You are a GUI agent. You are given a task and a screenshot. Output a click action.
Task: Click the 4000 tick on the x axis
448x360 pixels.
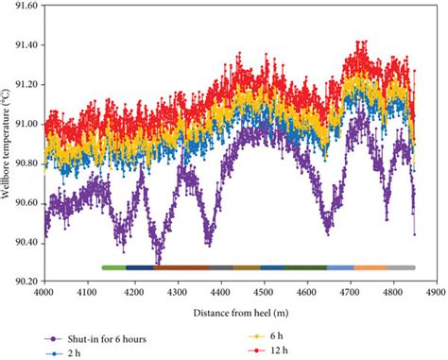click(x=43, y=293)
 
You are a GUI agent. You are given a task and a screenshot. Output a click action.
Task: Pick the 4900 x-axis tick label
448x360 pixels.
click(x=434, y=293)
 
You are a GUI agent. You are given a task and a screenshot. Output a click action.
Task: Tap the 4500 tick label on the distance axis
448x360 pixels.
click(x=261, y=293)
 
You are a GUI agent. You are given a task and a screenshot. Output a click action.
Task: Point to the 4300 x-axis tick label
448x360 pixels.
click(x=174, y=293)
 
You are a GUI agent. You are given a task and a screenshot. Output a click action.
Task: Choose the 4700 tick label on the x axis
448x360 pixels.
click(x=347, y=293)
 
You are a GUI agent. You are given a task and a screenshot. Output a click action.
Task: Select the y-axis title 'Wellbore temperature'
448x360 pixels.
click(x=8, y=142)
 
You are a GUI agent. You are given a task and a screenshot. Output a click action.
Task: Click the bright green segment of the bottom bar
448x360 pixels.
click(x=113, y=268)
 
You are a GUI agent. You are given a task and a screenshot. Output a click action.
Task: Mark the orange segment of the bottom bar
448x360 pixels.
click(x=370, y=268)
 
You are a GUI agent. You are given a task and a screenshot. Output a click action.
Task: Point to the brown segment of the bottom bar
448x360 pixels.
click(x=181, y=268)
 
